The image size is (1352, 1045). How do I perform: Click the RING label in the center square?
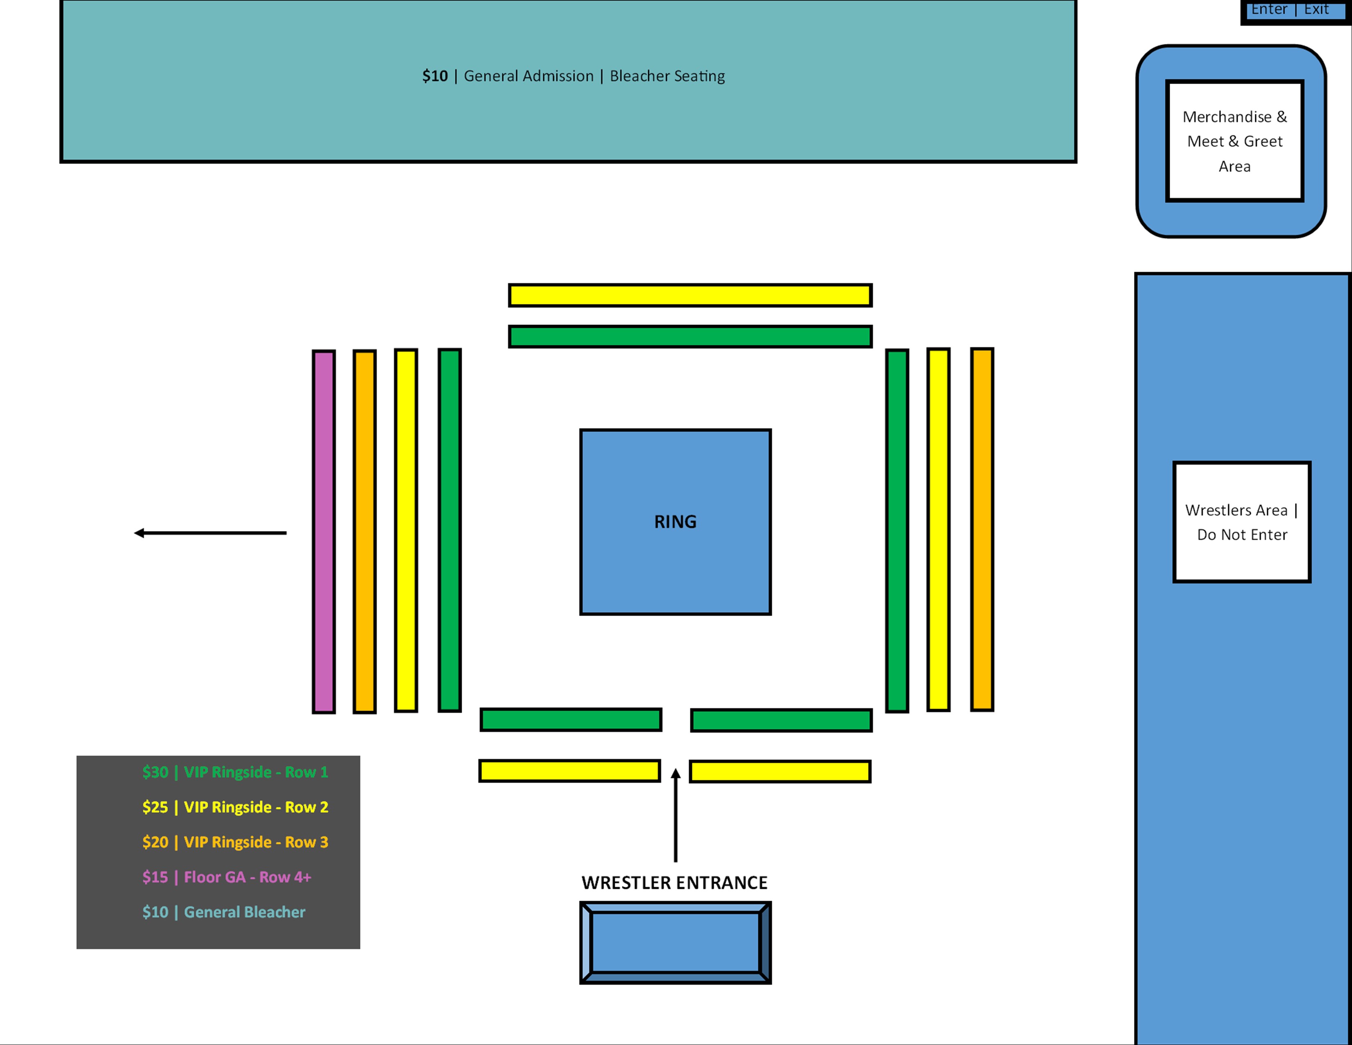[675, 522]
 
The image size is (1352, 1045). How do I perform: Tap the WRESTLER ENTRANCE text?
[674, 882]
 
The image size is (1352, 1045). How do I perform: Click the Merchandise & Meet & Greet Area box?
[1234, 141]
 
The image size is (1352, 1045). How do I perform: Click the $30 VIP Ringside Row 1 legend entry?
[235, 772]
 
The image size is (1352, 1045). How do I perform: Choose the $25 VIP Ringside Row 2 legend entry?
[235, 807]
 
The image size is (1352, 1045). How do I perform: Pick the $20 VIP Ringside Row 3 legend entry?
[235, 842]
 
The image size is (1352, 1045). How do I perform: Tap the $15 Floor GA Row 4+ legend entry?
[227, 877]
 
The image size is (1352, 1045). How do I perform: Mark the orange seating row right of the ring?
[982, 529]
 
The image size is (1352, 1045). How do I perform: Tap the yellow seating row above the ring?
[690, 295]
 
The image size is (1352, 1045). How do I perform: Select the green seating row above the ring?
[690, 337]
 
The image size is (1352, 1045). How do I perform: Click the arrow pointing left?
[211, 533]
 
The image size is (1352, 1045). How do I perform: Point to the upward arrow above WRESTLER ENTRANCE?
[675, 814]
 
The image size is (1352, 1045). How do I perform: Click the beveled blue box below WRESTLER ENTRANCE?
[675, 942]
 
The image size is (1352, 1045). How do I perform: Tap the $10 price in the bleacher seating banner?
[435, 76]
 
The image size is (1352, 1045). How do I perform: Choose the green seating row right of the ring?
[897, 531]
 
